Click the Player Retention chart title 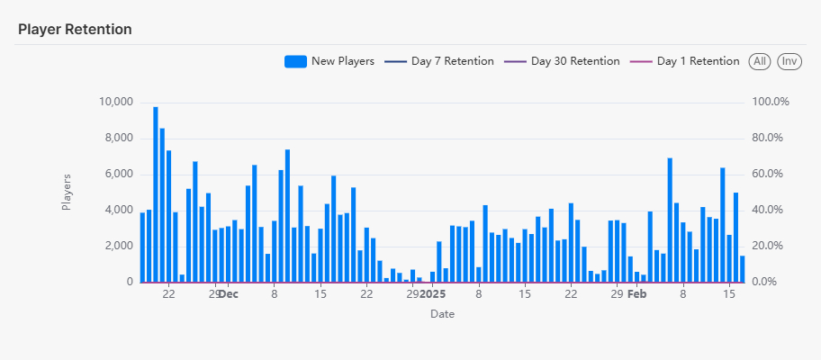coord(75,29)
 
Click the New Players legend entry coord(342,61)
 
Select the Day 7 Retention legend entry coord(452,61)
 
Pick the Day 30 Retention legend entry coord(574,61)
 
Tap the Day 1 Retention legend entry coord(698,61)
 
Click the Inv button coord(789,61)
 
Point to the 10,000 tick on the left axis coord(115,102)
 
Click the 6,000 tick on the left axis coord(118,174)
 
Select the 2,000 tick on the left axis coord(118,246)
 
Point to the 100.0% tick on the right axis coord(771,102)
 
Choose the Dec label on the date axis coord(229,293)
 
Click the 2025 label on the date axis coord(433,293)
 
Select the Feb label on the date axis coord(637,293)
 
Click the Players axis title coord(67,192)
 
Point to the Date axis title coord(442,314)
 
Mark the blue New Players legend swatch coord(295,61)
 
